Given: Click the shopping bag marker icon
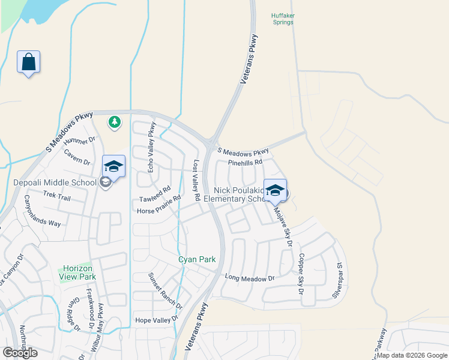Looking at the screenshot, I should point(28,62).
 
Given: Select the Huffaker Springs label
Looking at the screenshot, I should point(282,19).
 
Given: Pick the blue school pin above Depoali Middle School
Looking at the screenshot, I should point(113,166).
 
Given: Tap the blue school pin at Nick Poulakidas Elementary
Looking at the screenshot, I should point(275,191).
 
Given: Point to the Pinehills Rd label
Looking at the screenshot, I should point(245,163).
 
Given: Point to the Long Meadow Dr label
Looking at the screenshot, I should point(249,278).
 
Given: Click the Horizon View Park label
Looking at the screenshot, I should point(77,273).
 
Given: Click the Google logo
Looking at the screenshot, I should point(20,353).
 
